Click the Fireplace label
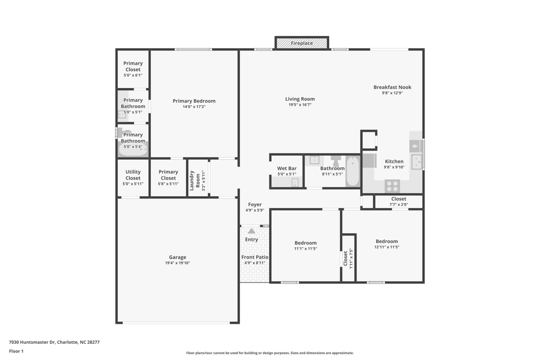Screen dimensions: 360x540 click(x=301, y=43)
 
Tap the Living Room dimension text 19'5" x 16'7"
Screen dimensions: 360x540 click(x=300, y=105)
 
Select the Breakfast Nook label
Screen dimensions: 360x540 click(x=392, y=87)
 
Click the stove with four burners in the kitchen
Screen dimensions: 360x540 click(x=392, y=186)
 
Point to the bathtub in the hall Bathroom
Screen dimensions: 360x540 click(x=352, y=171)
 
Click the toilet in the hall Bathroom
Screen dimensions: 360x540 click(x=336, y=161)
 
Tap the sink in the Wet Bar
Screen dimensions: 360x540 click(x=295, y=183)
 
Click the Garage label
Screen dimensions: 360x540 click(x=177, y=257)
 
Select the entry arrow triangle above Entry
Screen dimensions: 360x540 click(x=251, y=231)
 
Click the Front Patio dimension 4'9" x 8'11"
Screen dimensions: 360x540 click(x=255, y=263)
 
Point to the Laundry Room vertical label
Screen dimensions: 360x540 click(x=195, y=180)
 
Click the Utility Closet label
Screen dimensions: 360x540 click(x=133, y=175)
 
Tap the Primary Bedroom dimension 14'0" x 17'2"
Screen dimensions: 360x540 click(x=194, y=107)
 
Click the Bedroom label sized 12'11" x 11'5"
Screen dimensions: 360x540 click(x=386, y=241)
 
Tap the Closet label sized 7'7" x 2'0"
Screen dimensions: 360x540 click(x=399, y=199)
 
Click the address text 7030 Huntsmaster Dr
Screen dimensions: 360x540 click(x=54, y=342)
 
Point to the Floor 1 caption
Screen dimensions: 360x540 click(x=16, y=351)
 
